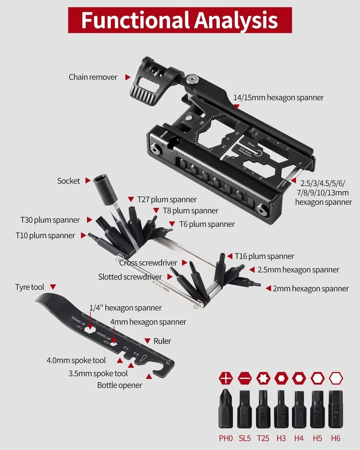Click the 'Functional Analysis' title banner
point(180,20)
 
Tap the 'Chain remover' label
point(93,77)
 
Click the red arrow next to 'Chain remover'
point(127,77)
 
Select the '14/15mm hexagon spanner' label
point(278,98)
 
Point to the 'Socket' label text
point(69,181)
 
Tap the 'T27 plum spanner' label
point(167,200)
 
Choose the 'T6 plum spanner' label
point(207,224)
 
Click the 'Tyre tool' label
point(29,287)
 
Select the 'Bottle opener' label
point(120,385)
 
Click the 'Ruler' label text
point(162,341)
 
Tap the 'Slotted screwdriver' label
point(130,277)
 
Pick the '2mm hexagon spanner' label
point(311,288)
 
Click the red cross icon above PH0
point(225,378)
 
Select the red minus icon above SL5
point(244,378)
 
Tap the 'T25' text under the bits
point(263,438)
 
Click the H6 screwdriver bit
point(335,409)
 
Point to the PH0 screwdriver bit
point(225,409)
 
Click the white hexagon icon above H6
point(335,378)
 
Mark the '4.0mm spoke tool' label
point(76,360)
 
